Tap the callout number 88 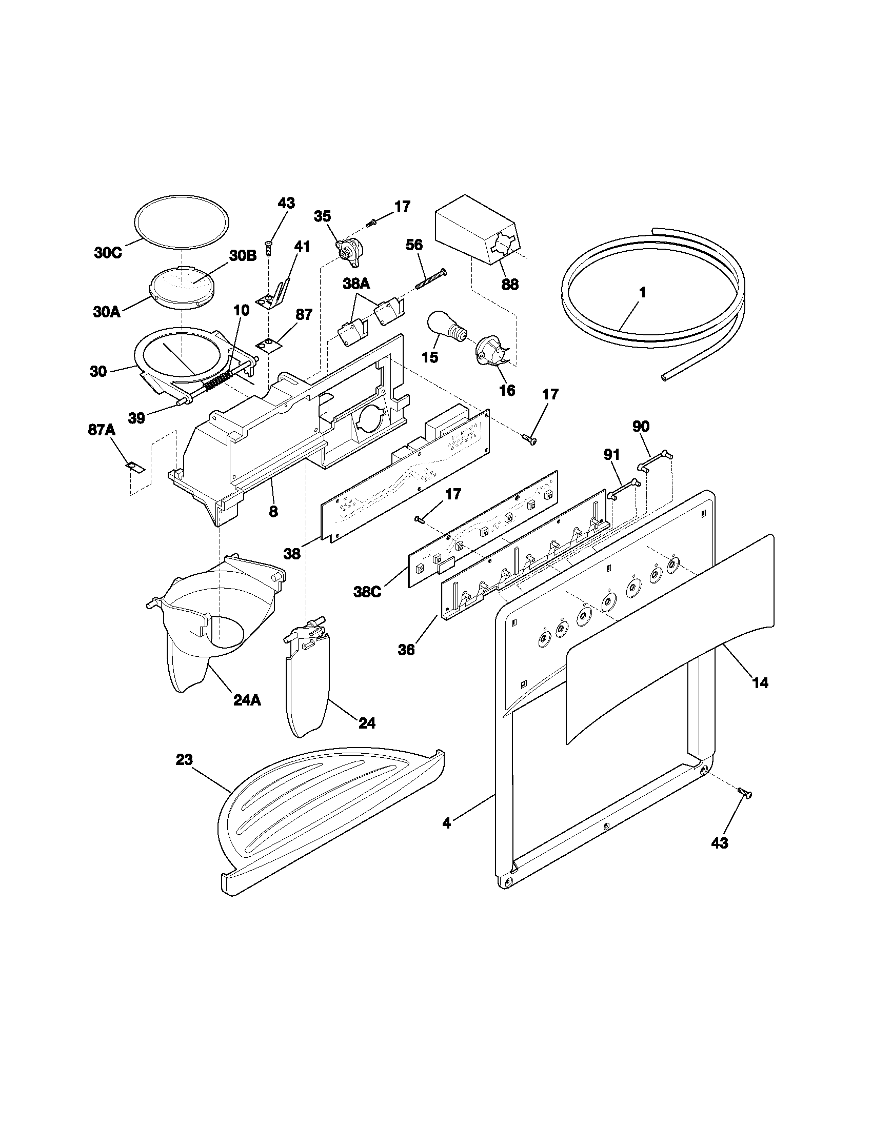[x=509, y=284]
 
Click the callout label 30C [x=108, y=253]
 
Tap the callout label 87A [x=102, y=430]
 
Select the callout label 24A [x=246, y=700]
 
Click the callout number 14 [x=760, y=683]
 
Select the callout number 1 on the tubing [x=642, y=292]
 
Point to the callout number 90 [x=641, y=427]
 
